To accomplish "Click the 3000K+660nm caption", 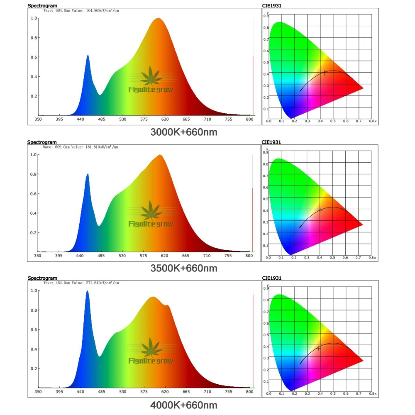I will point(183,132).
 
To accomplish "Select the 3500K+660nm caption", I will point(183,269).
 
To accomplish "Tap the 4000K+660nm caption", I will point(183,405).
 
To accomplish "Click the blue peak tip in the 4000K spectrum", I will point(87,291).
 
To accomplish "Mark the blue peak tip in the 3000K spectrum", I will point(88,55).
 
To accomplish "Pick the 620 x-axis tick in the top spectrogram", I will point(165,120).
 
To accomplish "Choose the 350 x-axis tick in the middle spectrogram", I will point(38,256).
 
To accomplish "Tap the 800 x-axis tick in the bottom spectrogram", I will point(249,392).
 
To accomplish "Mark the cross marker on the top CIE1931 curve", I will point(324,73).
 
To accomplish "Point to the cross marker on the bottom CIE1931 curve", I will point(318,348).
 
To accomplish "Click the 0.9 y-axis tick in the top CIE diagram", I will point(265,16).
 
